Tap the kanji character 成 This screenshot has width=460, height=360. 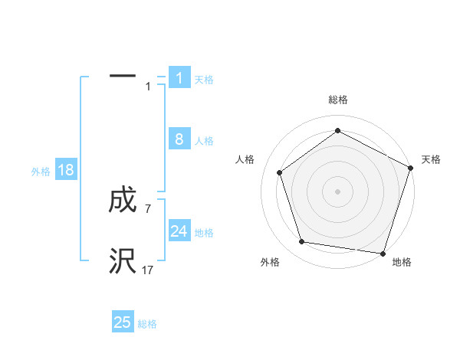(x=123, y=201)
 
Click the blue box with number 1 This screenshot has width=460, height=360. (x=179, y=77)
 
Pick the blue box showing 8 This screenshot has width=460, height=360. (x=179, y=139)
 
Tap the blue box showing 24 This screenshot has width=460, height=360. (x=179, y=231)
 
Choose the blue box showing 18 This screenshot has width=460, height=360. (x=66, y=170)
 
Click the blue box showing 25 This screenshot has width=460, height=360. (x=123, y=322)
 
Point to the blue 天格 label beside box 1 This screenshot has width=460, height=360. (x=204, y=79)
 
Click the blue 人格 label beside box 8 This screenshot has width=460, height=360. (x=204, y=141)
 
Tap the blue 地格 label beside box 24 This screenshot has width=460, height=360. (x=204, y=233)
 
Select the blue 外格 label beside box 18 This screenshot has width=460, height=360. (x=41, y=172)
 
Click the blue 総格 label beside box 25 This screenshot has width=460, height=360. (x=147, y=324)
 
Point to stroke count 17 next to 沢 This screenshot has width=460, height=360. (x=148, y=270)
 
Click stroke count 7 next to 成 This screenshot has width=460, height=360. (x=148, y=208)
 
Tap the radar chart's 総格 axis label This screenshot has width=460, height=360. (x=337, y=100)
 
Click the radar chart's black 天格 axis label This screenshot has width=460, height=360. (x=431, y=159)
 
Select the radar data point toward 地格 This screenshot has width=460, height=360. (x=383, y=253)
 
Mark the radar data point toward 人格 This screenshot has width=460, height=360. (x=280, y=172)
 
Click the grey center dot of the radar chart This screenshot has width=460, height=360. (x=337, y=191)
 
